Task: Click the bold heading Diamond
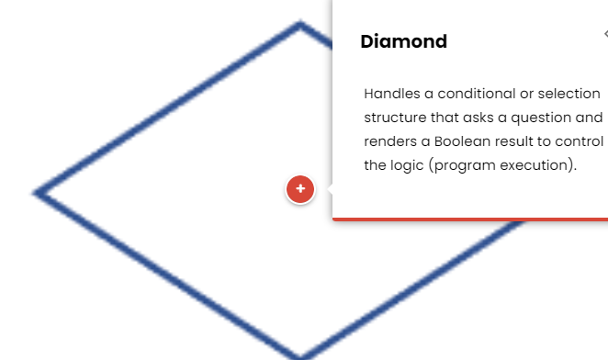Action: coord(403,41)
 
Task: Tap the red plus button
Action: coord(300,189)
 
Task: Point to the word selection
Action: coord(569,94)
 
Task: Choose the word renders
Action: coord(390,141)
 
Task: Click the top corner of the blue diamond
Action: coord(300,24)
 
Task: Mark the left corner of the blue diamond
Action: coord(37,193)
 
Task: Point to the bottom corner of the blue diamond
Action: coord(300,356)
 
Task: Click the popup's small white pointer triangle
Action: coord(328,189)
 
